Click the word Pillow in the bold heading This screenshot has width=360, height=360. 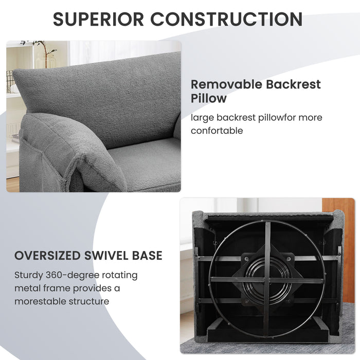pyautogui.click(x=209, y=98)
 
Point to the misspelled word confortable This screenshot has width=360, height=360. pyautogui.click(x=217, y=131)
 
